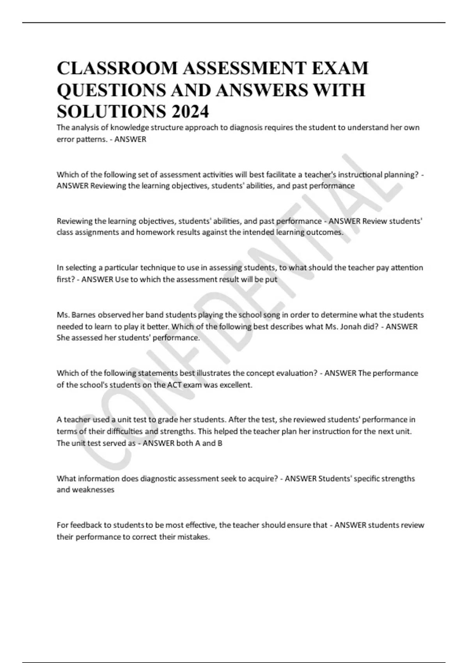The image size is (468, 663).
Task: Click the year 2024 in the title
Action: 190,112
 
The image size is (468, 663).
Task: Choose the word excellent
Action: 233,385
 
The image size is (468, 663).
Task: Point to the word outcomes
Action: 329,232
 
